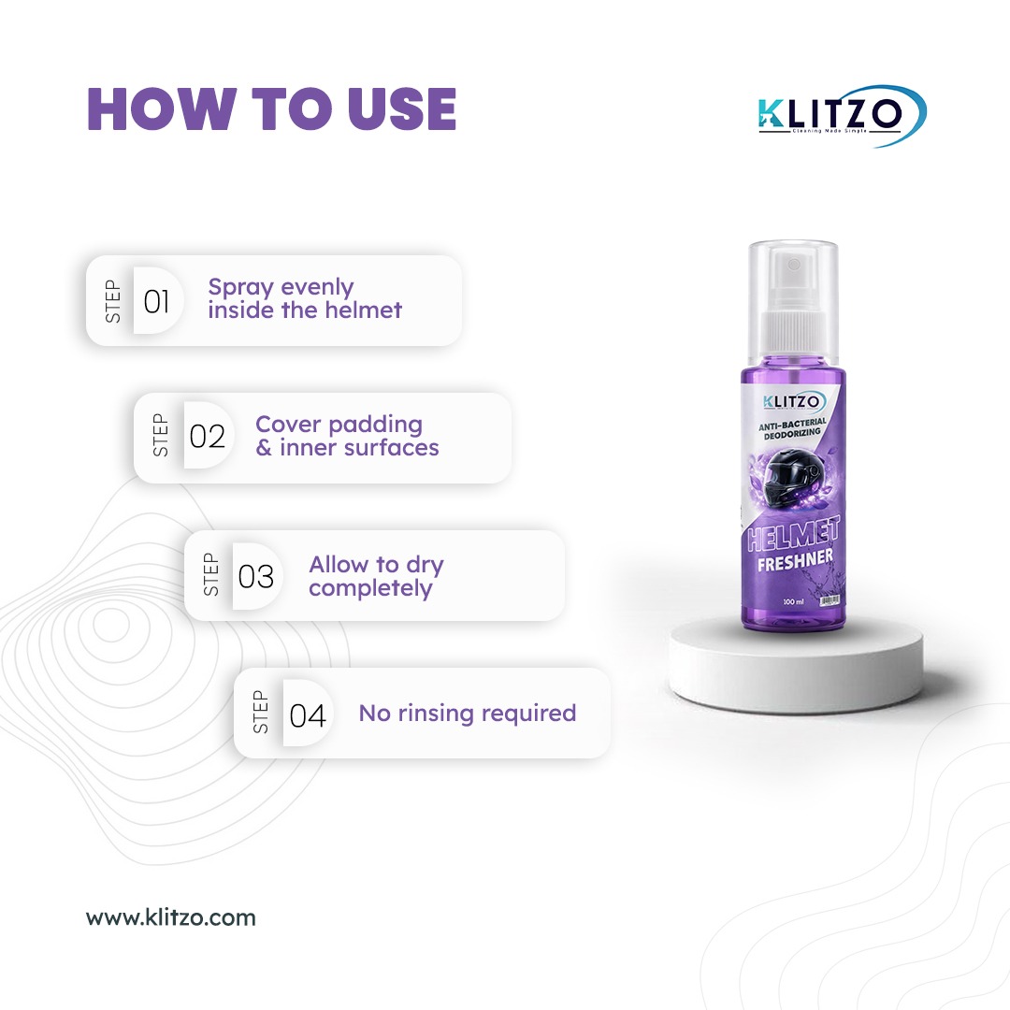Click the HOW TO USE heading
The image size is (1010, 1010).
point(271,109)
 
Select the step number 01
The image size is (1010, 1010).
point(157,301)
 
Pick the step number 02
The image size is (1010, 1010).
point(208,437)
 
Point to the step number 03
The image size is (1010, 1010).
point(256,576)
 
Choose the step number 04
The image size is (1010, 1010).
point(308,715)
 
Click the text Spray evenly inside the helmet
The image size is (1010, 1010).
point(305,298)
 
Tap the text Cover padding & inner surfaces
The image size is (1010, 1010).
point(347,436)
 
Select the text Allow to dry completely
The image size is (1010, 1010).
point(376,576)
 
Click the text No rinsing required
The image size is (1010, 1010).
point(467,713)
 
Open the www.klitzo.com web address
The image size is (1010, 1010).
point(171,917)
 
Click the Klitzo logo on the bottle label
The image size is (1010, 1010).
point(793,402)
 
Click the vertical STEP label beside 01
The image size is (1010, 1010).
point(113,301)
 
